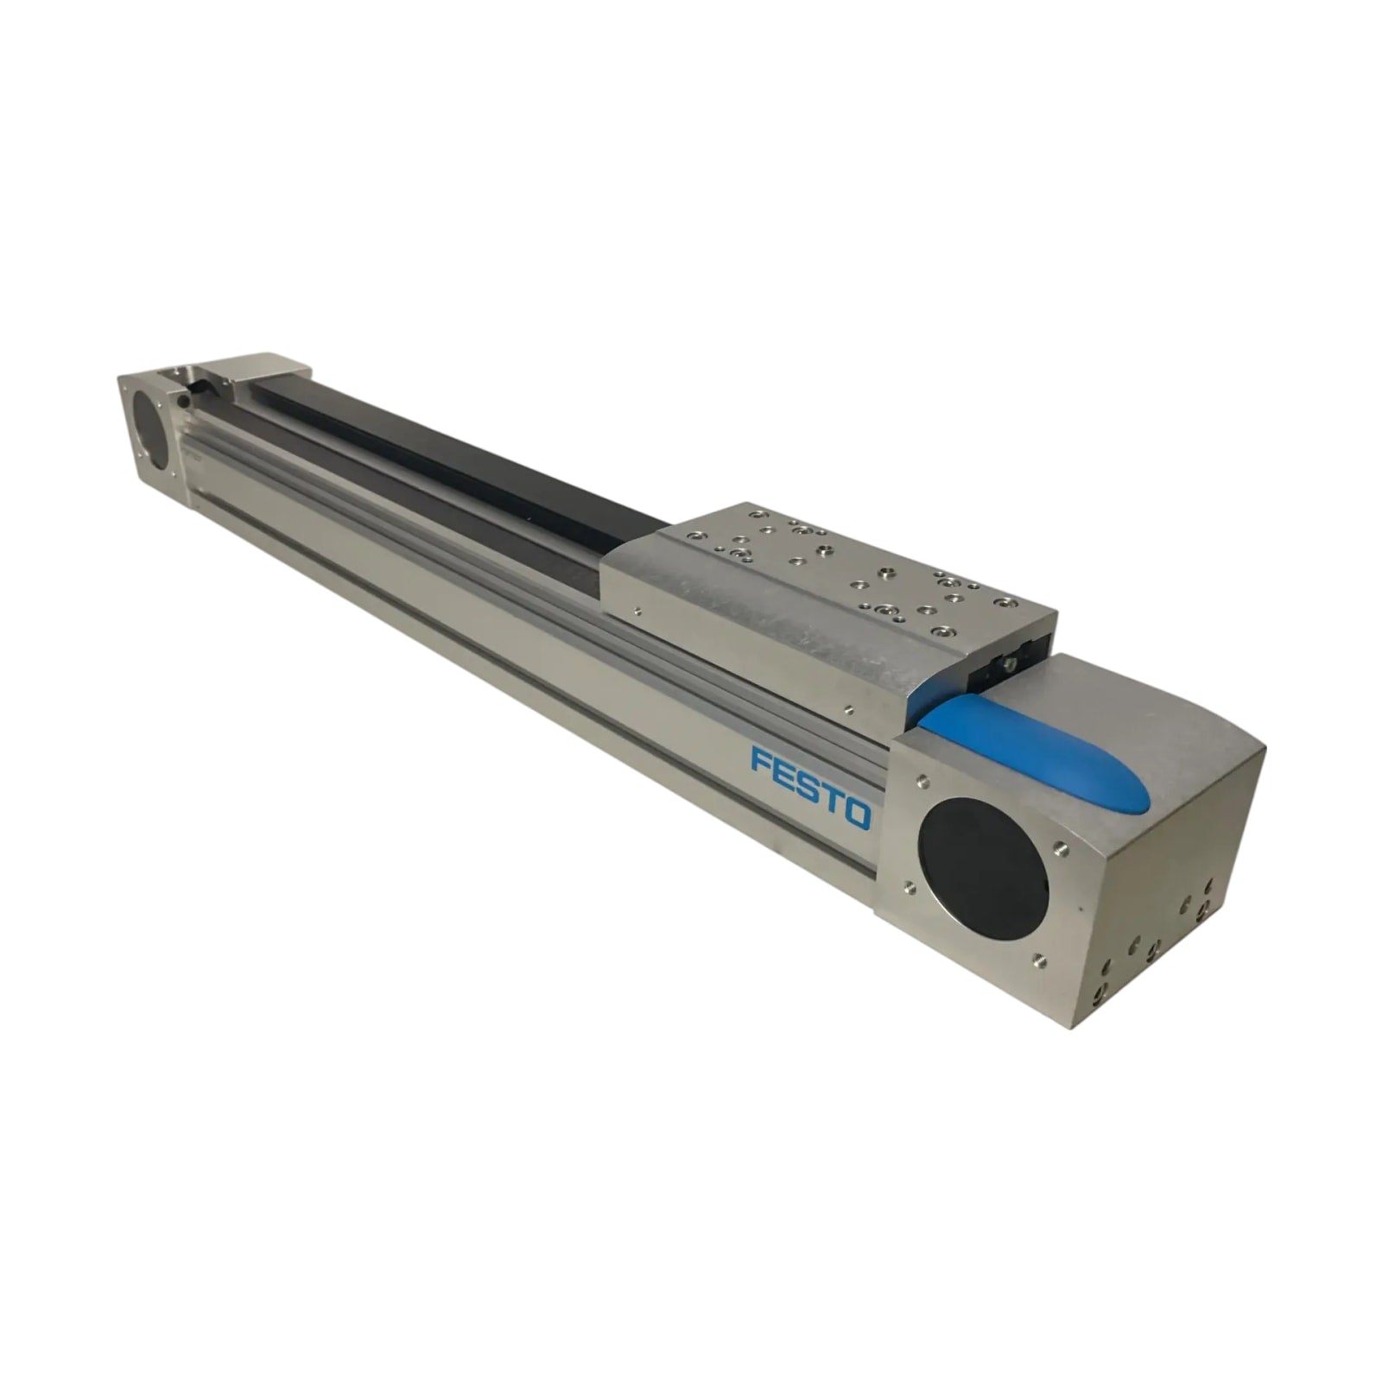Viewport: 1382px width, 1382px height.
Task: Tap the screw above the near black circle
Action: point(922,778)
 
